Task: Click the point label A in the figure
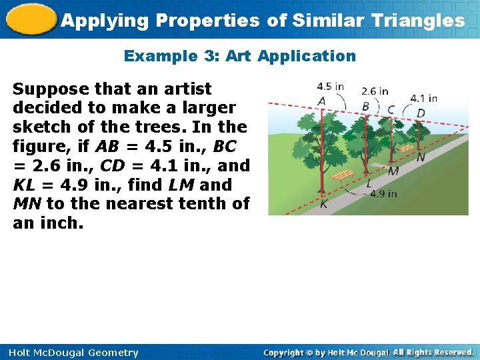(x=322, y=101)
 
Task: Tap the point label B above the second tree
(x=365, y=107)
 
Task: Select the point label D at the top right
(x=421, y=113)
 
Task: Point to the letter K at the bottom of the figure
(x=323, y=204)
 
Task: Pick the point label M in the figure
(x=394, y=171)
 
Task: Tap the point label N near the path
(x=421, y=158)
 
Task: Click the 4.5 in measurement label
(x=330, y=86)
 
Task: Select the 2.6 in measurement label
(x=375, y=91)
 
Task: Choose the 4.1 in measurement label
(x=423, y=98)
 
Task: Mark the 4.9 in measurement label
(x=383, y=194)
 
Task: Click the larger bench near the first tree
(x=343, y=175)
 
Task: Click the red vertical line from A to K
(x=322, y=153)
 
